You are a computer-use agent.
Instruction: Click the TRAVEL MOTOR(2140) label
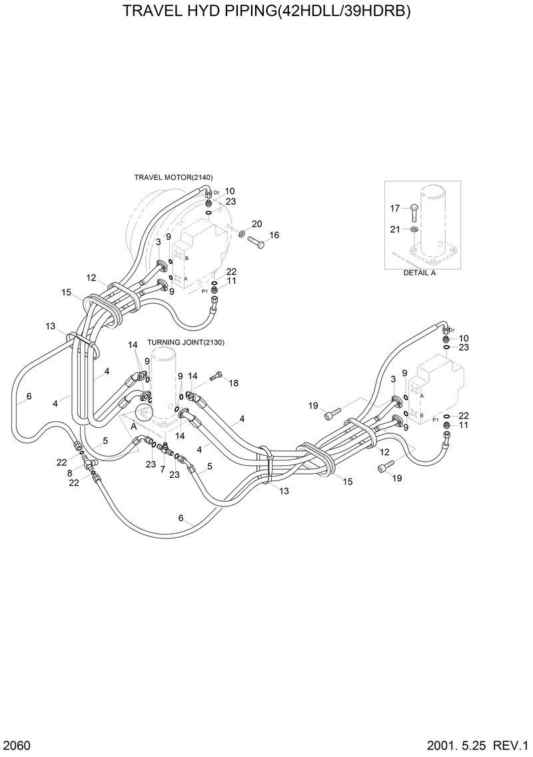(173, 177)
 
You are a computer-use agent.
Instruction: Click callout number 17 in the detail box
(395, 209)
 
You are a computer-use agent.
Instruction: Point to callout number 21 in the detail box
(395, 229)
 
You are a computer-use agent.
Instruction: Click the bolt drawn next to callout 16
(256, 243)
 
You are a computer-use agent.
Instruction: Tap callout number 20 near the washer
(257, 223)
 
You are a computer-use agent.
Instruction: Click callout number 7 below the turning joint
(163, 469)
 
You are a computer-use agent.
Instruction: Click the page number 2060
(17, 744)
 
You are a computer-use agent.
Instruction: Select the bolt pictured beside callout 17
(413, 211)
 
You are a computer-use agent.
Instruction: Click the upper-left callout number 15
(67, 292)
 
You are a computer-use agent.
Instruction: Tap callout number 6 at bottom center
(181, 518)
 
